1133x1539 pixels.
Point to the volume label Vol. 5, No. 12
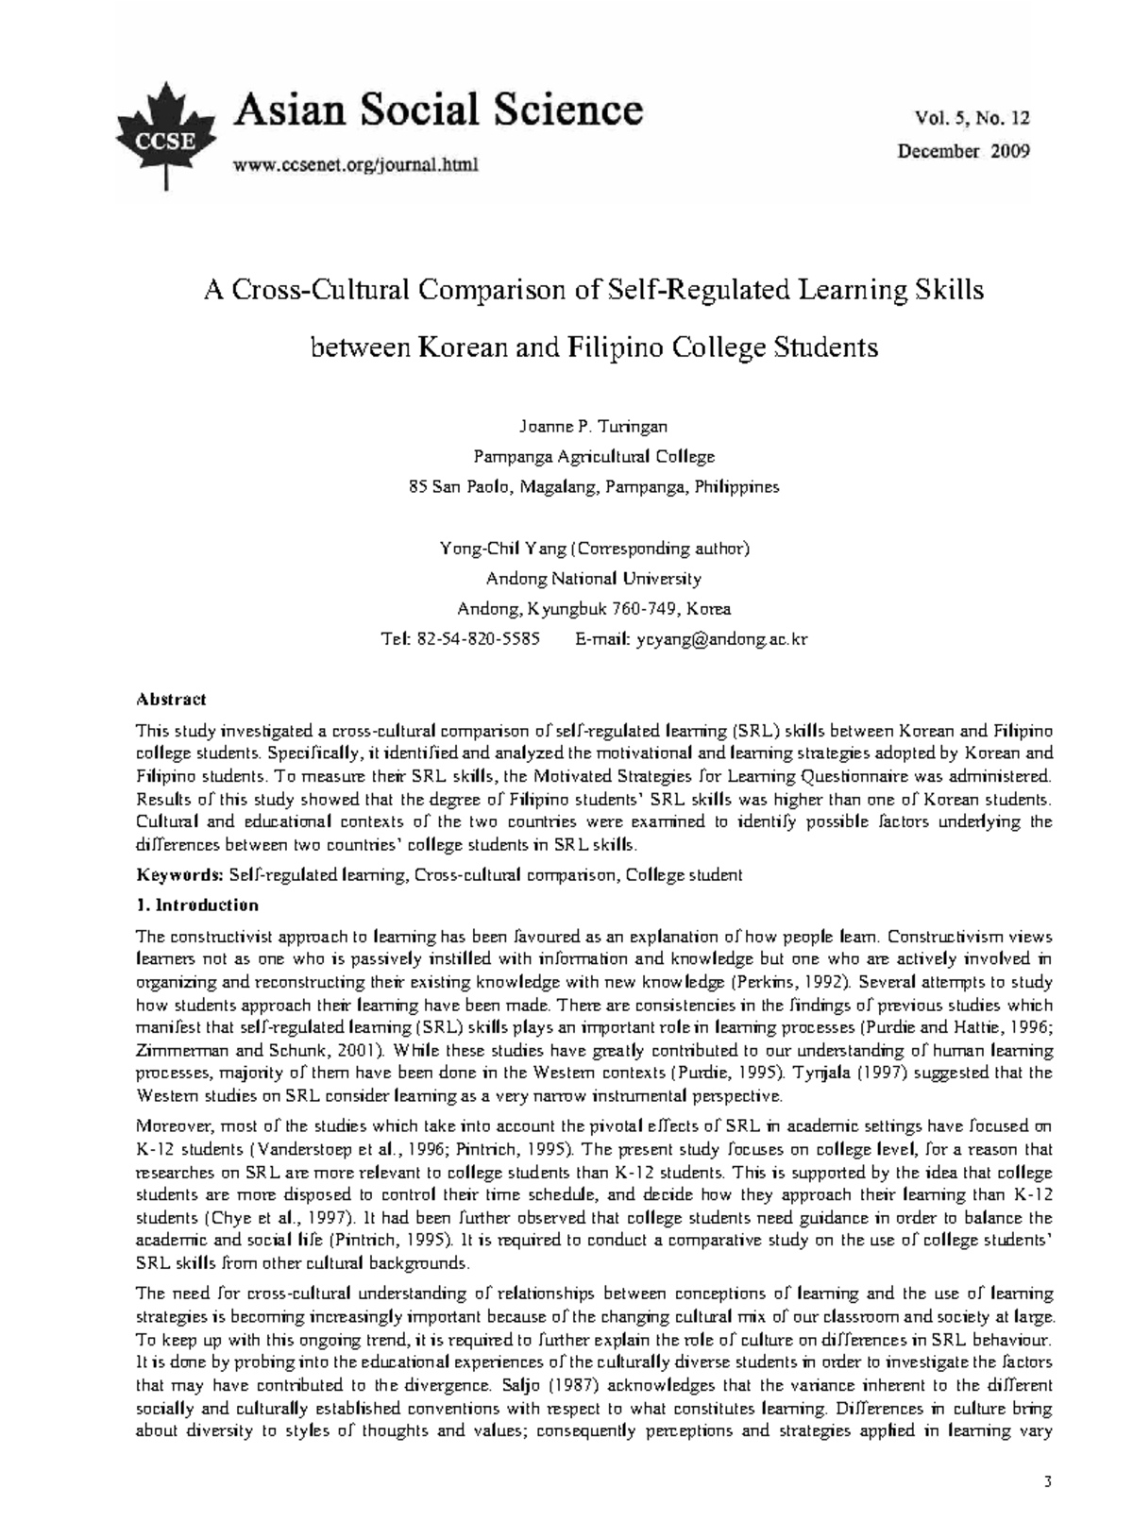(x=972, y=118)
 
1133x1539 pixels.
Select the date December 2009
(x=963, y=150)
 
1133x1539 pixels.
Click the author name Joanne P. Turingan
(x=593, y=427)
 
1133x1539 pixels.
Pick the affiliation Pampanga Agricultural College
(x=593, y=457)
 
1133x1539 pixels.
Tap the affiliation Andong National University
(x=593, y=579)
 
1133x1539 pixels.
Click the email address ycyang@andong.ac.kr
(x=721, y=639)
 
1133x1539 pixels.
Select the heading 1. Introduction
(x=197, y=905)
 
